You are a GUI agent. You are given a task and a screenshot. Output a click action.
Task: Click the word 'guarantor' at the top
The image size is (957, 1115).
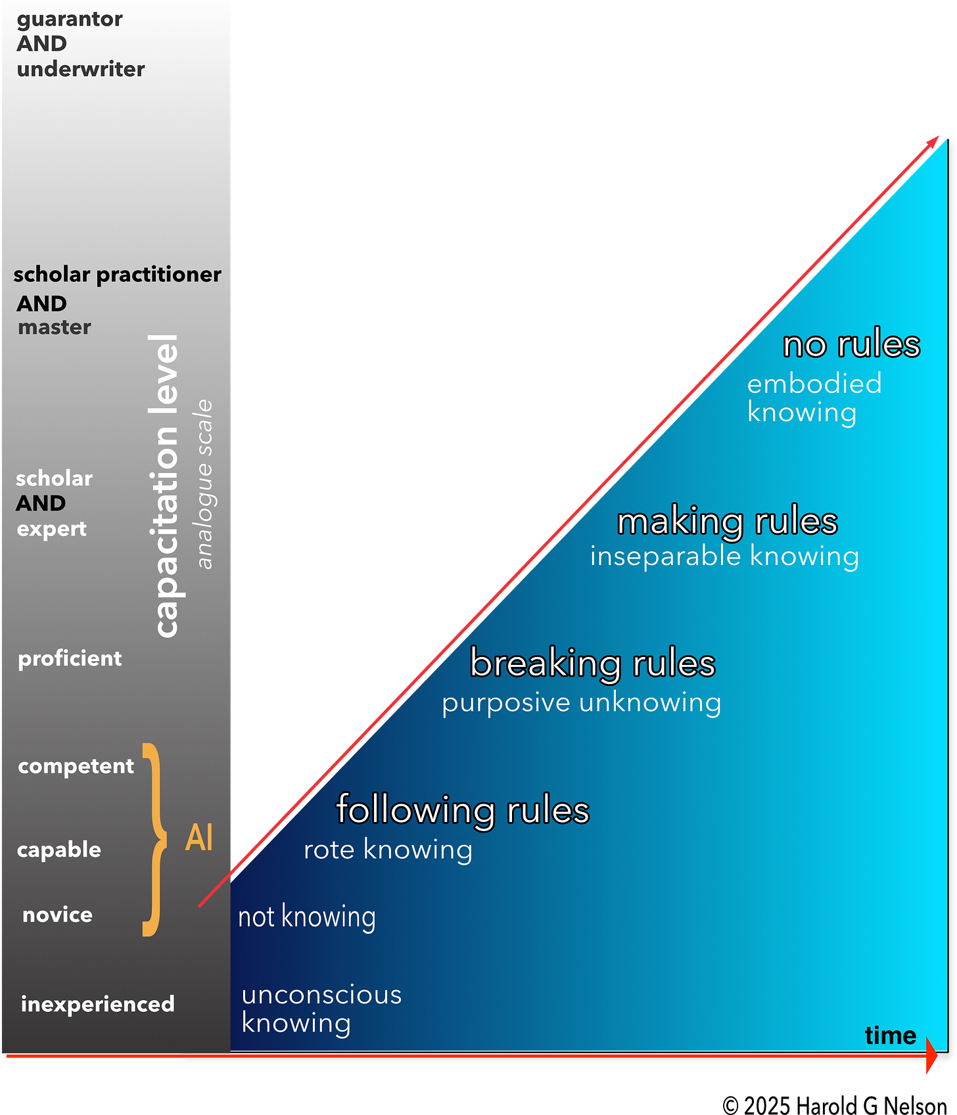point(70,19)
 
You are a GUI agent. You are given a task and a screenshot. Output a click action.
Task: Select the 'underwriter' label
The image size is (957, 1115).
point(81,69)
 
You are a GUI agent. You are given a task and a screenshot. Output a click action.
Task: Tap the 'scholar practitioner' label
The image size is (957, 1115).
point(117,275)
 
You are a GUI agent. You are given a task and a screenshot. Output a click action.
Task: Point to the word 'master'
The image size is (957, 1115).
point(55,327)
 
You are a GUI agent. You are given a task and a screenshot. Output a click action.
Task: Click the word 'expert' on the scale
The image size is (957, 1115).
point(52,529)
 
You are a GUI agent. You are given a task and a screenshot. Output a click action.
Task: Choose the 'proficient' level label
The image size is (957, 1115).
point(70,658)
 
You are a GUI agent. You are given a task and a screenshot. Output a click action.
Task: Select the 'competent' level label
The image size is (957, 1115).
point(76,766)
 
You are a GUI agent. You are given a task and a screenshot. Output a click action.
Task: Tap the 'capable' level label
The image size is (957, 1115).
point(59,850)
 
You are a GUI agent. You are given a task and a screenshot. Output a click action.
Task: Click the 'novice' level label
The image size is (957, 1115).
point(57,915)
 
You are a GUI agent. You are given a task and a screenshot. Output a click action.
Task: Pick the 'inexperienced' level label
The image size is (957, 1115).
point(97,1004)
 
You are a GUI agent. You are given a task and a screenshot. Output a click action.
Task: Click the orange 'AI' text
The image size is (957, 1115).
point(199,838)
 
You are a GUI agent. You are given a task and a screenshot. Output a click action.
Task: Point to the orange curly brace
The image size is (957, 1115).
point(154,839)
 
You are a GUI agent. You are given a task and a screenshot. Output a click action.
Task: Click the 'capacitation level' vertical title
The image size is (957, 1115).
point(165,486)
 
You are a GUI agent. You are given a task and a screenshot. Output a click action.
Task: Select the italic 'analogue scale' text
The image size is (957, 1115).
point(205,484)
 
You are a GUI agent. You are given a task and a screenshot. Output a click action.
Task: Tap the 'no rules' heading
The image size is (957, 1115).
point(851,344)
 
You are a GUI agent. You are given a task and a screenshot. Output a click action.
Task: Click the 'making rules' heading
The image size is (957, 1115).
point(727,522)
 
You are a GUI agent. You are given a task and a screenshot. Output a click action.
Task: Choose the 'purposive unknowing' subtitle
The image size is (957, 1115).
point(581,703)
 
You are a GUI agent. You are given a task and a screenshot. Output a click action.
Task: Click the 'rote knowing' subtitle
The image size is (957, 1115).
point(388,850)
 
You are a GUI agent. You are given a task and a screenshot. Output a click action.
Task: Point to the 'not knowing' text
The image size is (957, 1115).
point(306,917)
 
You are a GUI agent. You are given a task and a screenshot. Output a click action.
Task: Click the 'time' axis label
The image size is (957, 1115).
point(890,1035)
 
